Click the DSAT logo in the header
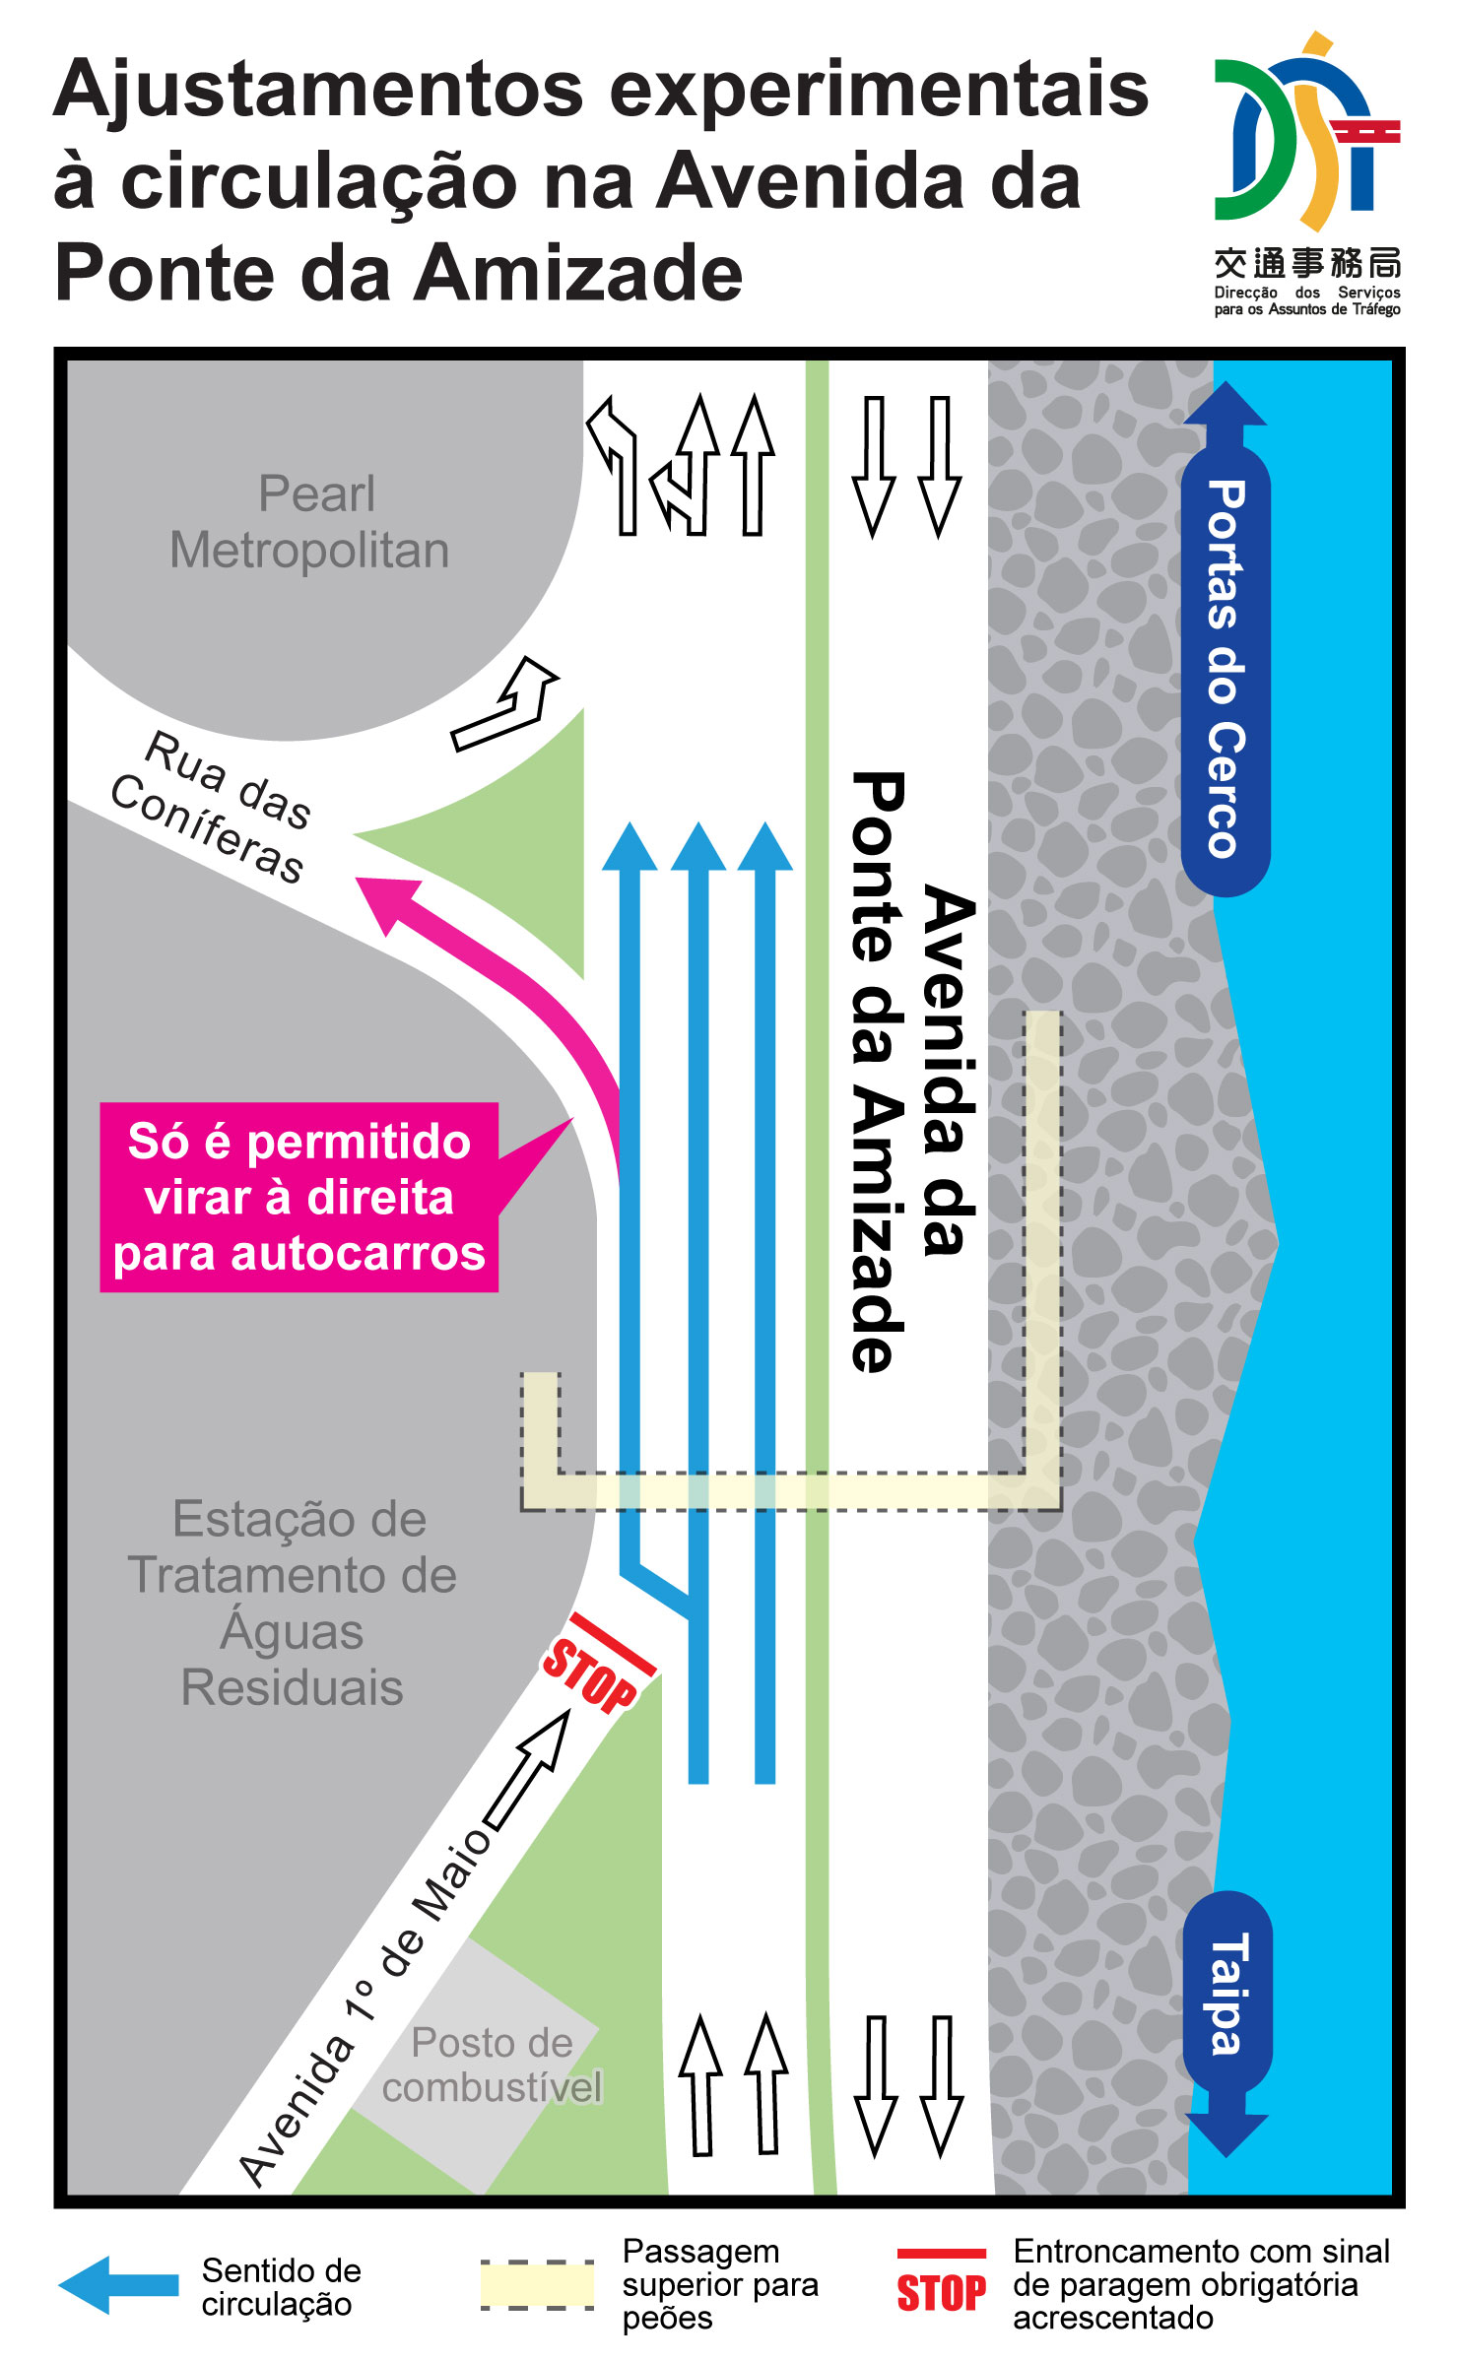pyautogui.click(x=1306, y=133)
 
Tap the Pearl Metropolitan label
pyautogui.click(x=310, y=522)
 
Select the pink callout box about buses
pyautogui.click(x=298, y=1197)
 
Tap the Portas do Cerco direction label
pyautogui.click(x=1226, y=670)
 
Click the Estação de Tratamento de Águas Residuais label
pyautogui.click(x=294, y=1603)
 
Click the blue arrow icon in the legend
pyautogui.click(x=118, y=2285)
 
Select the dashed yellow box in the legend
pyautogui.click(x=537, y=2285)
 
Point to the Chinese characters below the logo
pyautogui.click(x=1306, y=264)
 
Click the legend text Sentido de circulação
pyautogui.click(x=281, y=2287)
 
